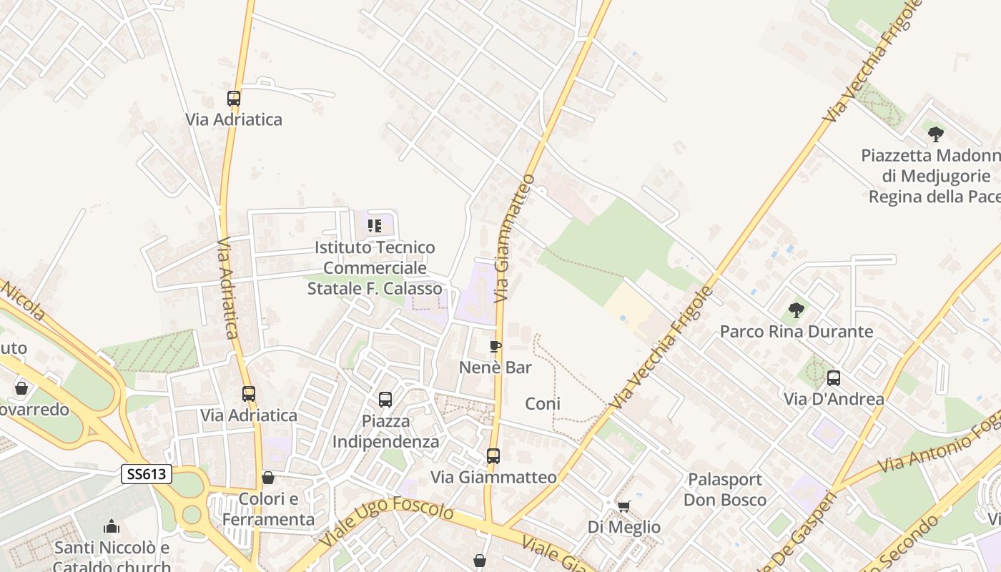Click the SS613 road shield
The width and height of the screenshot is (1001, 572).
(x=147, y=474)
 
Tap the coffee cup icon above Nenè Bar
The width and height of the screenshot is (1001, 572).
(x=495, y=347)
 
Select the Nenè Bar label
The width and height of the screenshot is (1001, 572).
(x=495, y=368)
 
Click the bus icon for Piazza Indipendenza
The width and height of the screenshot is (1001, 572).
(x=385, y=400)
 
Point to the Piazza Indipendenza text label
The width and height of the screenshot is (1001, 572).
(x=386, y=431)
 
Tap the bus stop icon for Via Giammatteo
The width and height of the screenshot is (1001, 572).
(x=493, y=455)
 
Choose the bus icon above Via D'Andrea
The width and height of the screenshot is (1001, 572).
(x=834, y=378)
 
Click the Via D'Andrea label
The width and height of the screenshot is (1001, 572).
(x=834, y=399)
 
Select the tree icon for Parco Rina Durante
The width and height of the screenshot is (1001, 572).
(x=797, y=310)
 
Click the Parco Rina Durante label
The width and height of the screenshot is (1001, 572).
(x=797, y=332)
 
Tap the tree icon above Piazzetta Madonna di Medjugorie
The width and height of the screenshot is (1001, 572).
(x=936, y=134)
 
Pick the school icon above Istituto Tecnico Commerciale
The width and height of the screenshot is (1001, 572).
(x=375, y=226)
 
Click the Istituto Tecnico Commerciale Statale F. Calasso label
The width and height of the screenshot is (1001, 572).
(x=375, y=268)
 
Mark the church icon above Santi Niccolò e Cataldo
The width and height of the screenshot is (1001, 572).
(x=112, y=527)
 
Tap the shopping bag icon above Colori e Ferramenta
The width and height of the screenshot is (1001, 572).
(x=268, y=478)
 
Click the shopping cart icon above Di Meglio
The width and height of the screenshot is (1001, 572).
(x=623, y=506)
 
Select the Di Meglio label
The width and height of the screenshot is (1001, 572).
(x=624, y=527)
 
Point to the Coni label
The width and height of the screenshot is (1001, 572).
(x=543, y=404)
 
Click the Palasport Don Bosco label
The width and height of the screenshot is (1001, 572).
(x=725, y=489)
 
